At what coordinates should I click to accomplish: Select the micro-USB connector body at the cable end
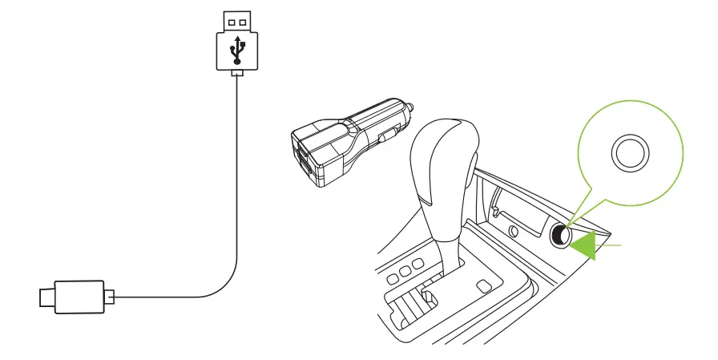pyautogui.click(x=79, y=296)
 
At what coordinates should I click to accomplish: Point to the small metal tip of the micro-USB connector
pyautogui.click(x=45, y=297)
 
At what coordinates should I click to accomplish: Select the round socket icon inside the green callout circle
pyautogui.click(x=630, y=152)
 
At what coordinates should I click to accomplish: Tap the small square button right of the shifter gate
pyautogui.click(x=483, y=286)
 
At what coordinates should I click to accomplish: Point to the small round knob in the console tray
pyautogui.click(x=512, y=232)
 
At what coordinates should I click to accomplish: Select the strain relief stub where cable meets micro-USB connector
pyautogui.click(x=110, y=297)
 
